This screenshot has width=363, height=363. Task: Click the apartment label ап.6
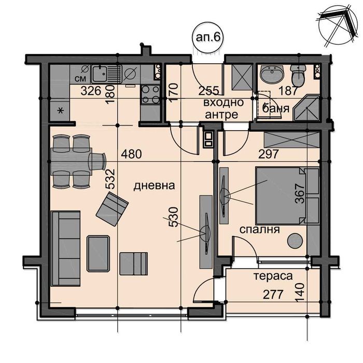click(x=207, y=37)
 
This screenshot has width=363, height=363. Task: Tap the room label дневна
click(x=154, y=186)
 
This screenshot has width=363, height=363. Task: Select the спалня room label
click(x=259, y=230)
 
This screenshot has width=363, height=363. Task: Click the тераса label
click(x=273, y=276)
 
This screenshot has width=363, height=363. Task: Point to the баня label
click(x=276, y=108)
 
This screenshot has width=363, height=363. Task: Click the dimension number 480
click(x=131, y=154)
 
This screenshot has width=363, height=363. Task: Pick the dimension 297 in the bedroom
click(x=268, y=154)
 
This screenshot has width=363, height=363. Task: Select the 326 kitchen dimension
click(x=91, y=91)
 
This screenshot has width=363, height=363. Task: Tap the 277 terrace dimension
click(x=273, y=295)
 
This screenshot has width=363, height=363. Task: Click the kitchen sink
click(x=106, y=74)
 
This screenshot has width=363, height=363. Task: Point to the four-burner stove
click(x=151, y=94)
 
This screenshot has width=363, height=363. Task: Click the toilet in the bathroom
click(x=298, y=75)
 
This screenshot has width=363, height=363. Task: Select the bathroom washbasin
click(x=272, y=75)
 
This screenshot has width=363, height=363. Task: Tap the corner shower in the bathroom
click(x=306, y=108)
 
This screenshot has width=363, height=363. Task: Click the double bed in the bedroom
click(x=287, y=196)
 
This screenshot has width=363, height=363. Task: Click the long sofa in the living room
click(x=66, y=248)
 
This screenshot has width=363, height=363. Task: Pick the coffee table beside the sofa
click(x=98, y=254)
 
